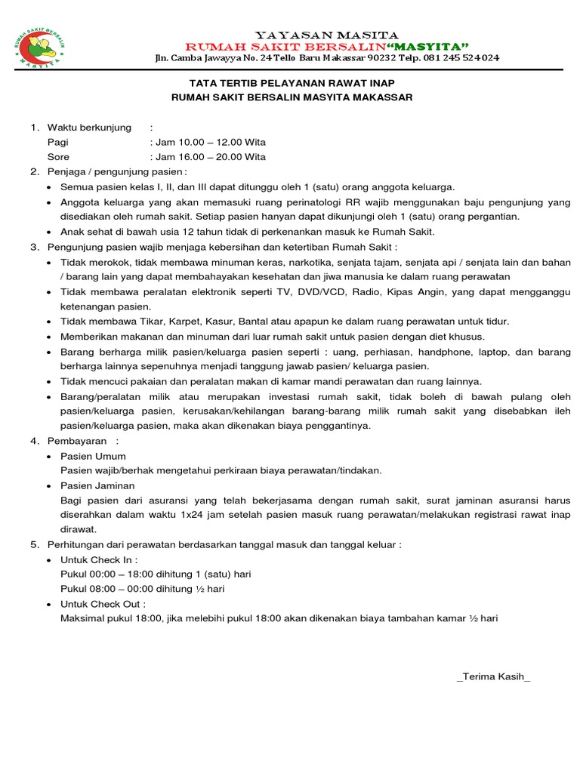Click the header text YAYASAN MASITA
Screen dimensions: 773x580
click(x=326, y=35)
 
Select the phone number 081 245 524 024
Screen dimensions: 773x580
click(x=461, y=58)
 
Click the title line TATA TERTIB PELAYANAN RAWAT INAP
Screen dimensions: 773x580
click(x=292, y=82)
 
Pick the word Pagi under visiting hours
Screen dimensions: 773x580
click(x=57, y=142)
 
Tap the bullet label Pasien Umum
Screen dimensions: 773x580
click(x=93, y=456)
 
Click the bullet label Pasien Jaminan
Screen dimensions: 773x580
click(x=97, y=485)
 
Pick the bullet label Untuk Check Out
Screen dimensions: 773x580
click(x=103, y=604)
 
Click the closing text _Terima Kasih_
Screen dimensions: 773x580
click(x=493, y=676)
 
